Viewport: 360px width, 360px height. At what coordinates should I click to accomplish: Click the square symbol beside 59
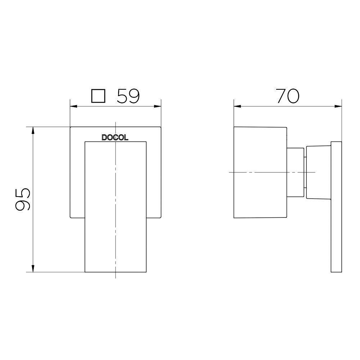point(98,96)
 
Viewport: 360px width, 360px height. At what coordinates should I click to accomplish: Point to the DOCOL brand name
point(115,138)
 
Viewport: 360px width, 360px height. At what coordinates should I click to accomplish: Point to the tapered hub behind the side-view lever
point(318,172)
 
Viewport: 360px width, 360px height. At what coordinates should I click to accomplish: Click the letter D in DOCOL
point(104,138)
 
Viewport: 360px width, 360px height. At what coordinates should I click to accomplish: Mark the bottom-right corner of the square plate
point(160,217)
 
